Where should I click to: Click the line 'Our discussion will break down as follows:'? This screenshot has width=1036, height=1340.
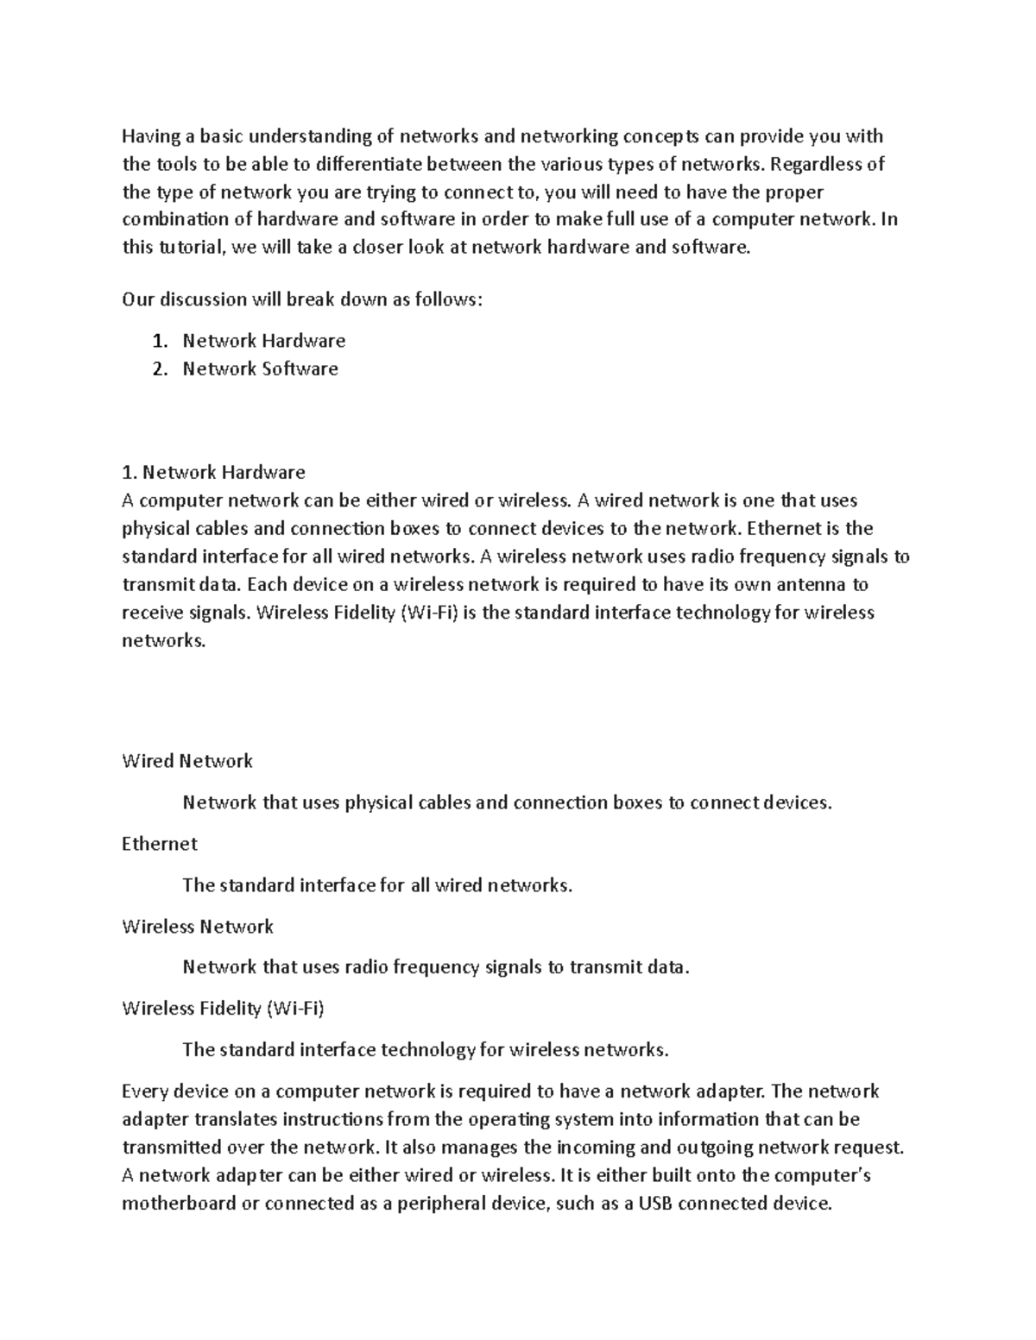302,299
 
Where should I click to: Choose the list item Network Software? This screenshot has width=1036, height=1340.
260,368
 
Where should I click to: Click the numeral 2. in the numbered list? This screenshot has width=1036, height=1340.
159,368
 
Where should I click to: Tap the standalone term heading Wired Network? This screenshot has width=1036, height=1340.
187,761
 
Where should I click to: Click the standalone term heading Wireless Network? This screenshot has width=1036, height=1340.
198,927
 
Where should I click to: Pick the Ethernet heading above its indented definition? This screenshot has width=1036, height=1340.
160,844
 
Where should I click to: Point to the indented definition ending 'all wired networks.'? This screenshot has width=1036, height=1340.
377,885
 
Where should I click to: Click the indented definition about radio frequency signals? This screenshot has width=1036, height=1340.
436,967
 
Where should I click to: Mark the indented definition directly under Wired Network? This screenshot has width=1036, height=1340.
507,803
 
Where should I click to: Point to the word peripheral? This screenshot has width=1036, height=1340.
441,1204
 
